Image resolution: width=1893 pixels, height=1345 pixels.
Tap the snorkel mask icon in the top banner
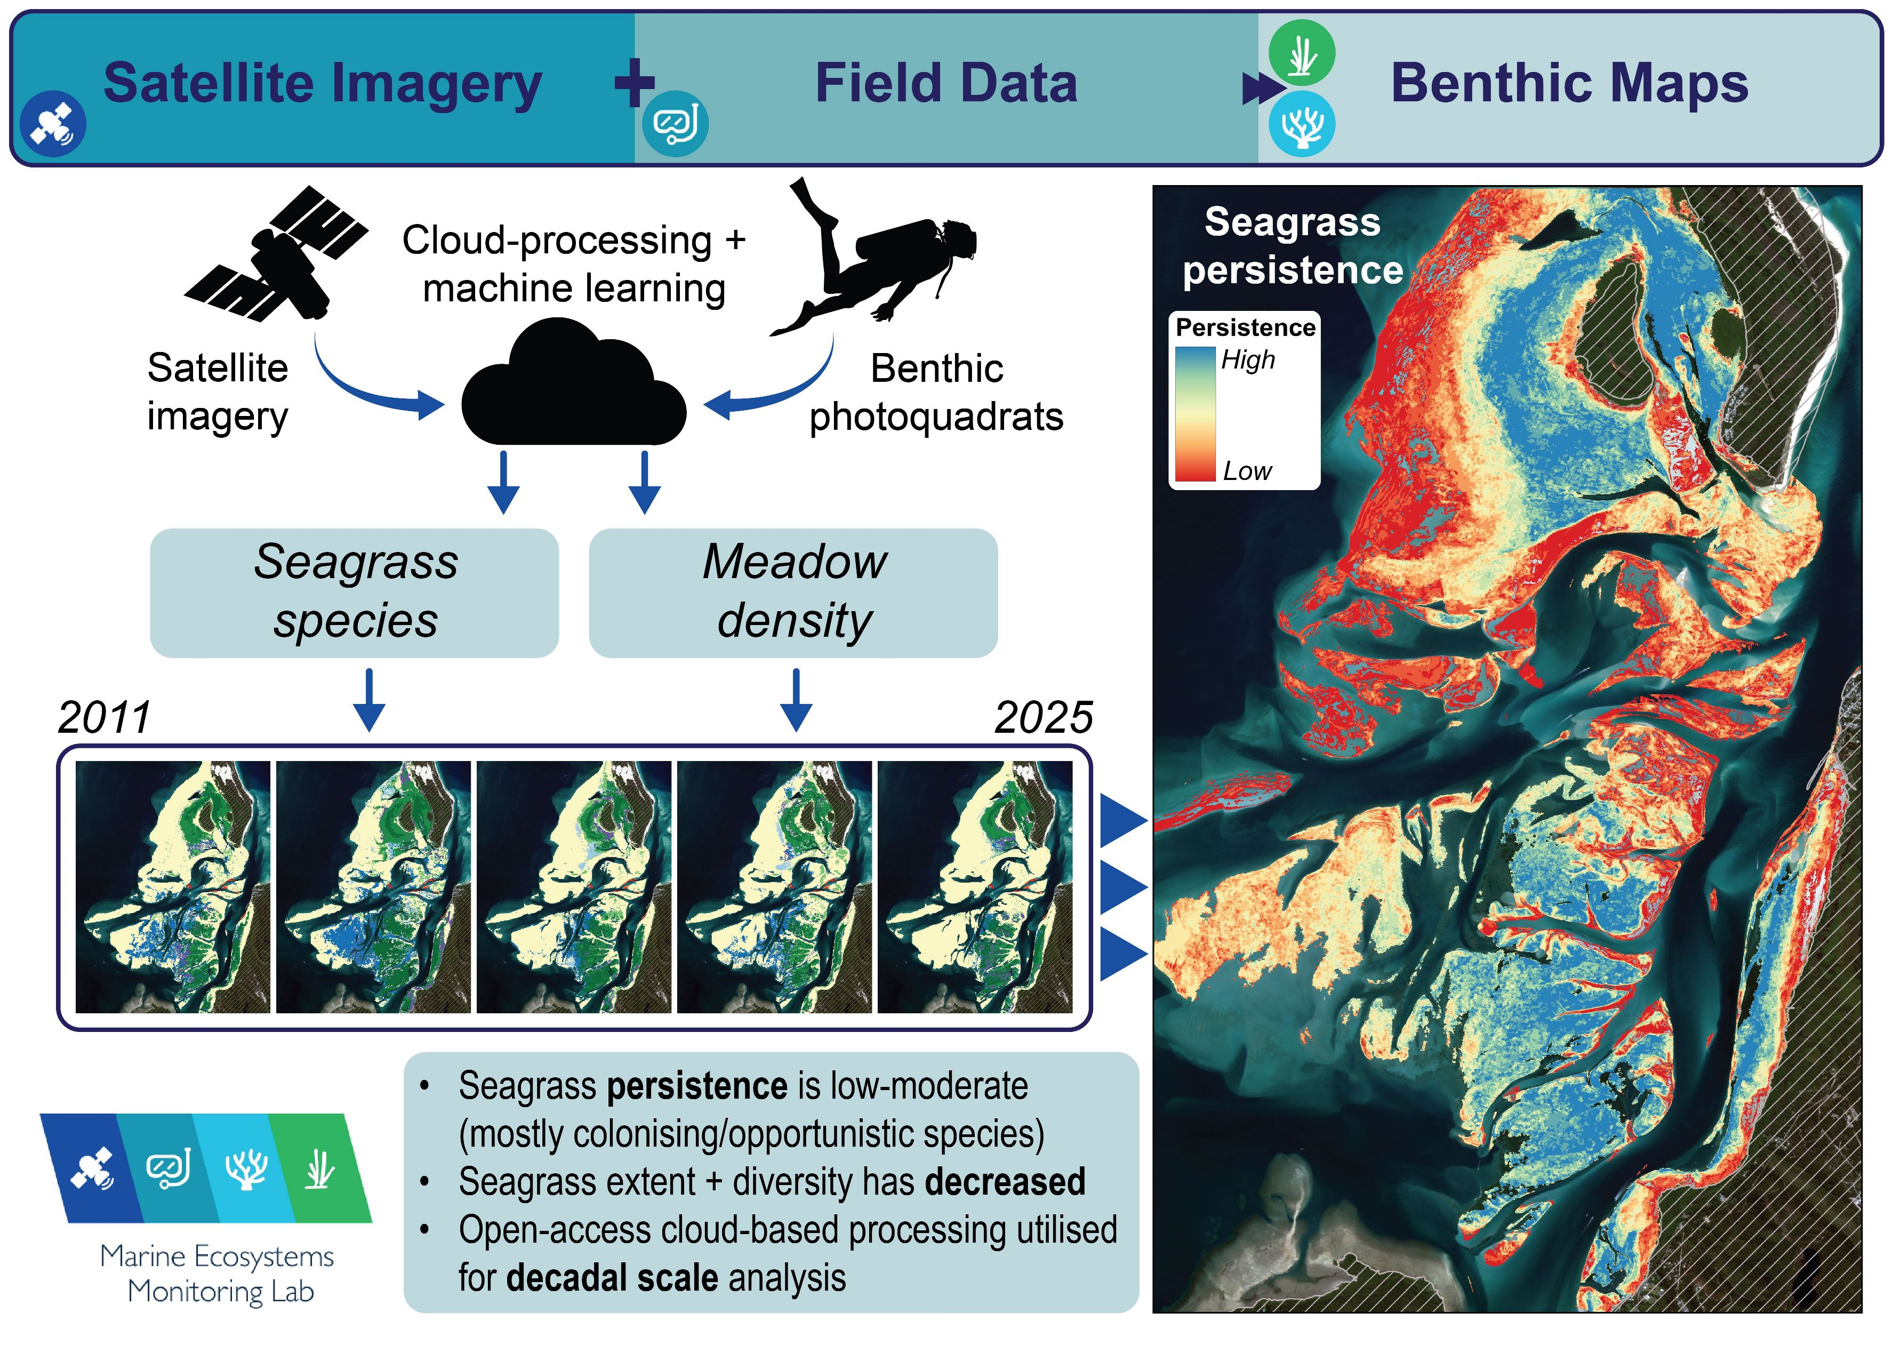(x=675, y=124)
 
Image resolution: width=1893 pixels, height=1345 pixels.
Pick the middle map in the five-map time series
(x=573, y=886)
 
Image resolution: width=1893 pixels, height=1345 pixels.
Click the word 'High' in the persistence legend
(x=1248, y=361)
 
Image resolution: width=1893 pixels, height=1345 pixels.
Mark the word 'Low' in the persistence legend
(x=1247, y=471)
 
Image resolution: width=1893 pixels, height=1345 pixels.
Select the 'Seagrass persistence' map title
(x=1292, y=246)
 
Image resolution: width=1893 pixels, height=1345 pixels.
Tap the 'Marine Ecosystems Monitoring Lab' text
(x=218, y=1274)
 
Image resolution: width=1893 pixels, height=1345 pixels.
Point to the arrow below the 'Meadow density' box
(x=796, y=700)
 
